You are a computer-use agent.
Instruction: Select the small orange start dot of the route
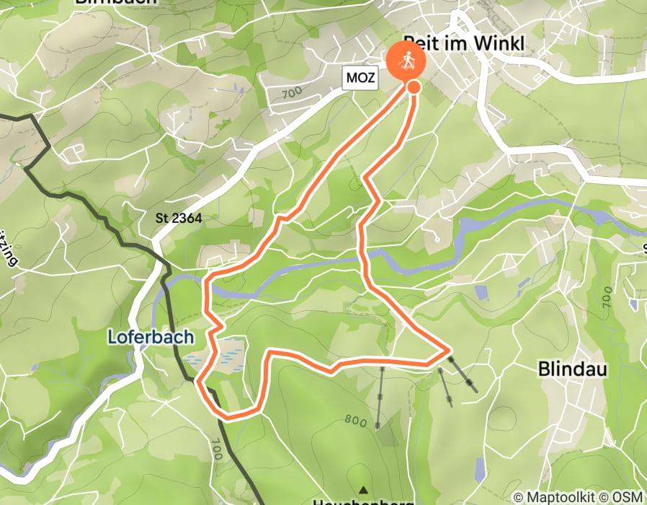tap(414, 87)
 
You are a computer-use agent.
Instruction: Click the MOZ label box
tap(360, 78)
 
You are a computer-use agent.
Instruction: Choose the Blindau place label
tap(573, 369)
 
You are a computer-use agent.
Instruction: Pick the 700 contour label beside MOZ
tap(292, 93)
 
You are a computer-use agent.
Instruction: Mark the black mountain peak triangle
tap(363, 488)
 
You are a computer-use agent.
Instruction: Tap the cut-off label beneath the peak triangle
tap(363, 501)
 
